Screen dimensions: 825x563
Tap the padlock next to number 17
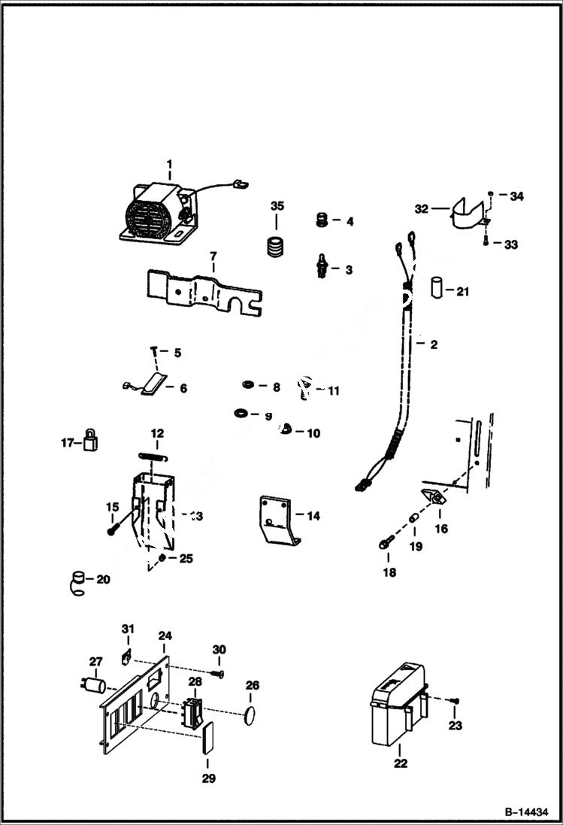click(92, 439)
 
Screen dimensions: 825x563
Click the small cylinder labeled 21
click(437, 288)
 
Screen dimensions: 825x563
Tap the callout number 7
click(213, 256)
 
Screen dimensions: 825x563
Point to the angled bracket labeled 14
click(277, 520)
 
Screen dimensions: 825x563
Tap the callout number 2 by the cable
click(434, 345)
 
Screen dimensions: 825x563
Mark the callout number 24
click(165, 635)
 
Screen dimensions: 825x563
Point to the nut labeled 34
click(490, 196)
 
